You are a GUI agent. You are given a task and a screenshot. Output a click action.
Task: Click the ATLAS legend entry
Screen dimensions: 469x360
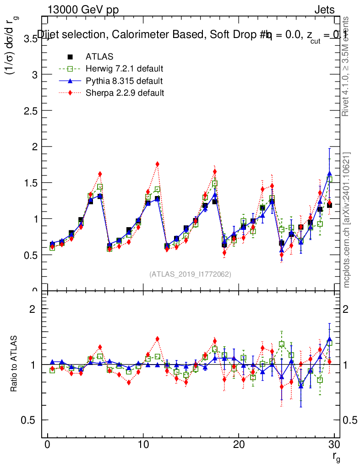click(99, 57)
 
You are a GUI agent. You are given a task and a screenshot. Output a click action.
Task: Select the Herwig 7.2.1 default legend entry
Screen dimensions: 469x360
click(124, 69)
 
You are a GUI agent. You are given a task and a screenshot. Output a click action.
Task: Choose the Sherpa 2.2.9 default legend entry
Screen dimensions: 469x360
click(125, 93)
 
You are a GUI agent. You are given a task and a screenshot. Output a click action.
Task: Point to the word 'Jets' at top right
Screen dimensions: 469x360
click(324, 10)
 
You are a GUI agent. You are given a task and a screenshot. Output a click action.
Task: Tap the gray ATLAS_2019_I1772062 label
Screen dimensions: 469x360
click(190, 274)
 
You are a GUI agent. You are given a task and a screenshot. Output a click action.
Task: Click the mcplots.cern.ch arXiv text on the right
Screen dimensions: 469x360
click(347, 220)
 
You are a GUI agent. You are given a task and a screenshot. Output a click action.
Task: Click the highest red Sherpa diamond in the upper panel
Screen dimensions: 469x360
click(157, 164)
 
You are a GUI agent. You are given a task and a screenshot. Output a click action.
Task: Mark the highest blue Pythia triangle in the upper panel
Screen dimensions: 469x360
click(329, 174)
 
